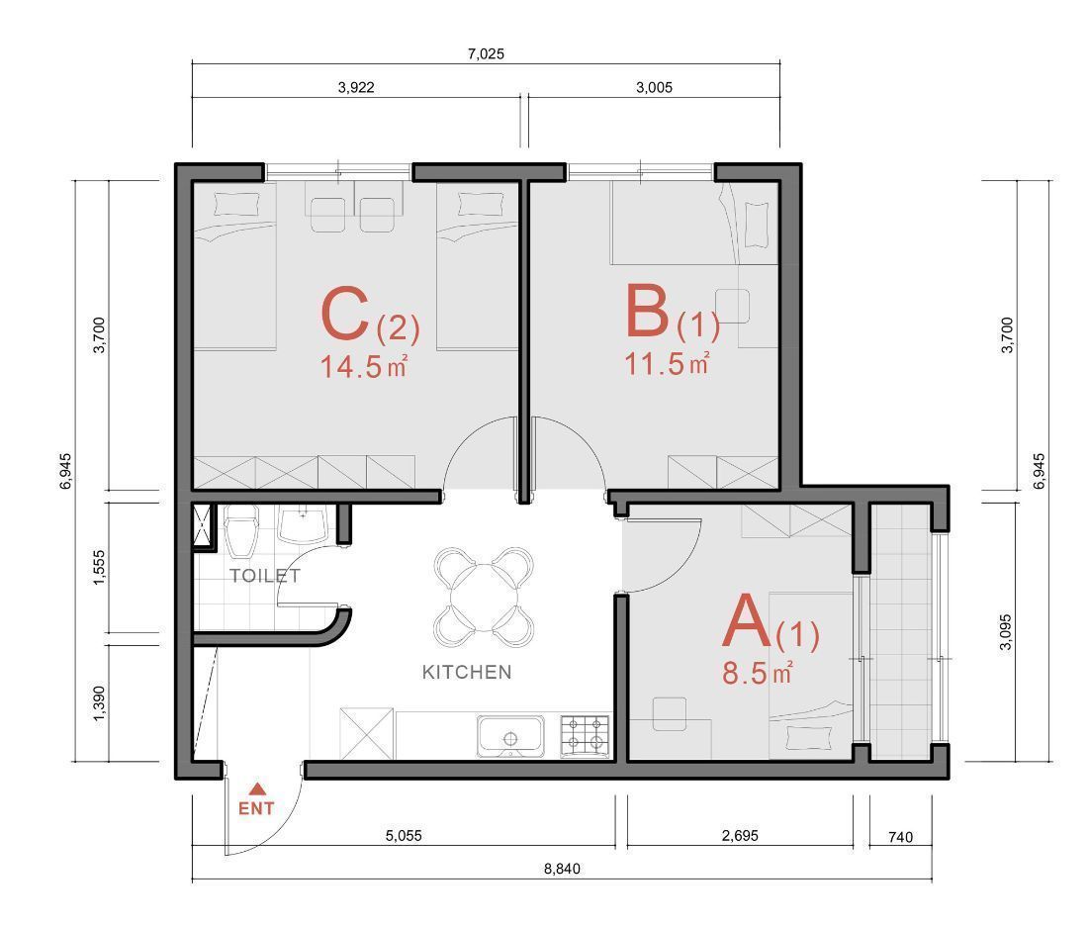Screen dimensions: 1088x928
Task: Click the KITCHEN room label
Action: click(x=467, y=672)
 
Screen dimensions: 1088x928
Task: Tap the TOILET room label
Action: click(x=265, y=576)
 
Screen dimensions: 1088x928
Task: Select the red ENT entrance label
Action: click(x=256, y=808)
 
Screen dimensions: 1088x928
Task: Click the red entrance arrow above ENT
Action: click(x=257, y=788)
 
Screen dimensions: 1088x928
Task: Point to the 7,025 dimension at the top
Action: click(x=486, y=53)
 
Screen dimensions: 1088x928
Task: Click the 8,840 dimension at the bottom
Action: click(x=562, y=869)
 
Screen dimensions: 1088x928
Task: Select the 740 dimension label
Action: click(x=901, y=837)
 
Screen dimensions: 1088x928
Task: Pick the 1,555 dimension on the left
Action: click(x=99, y=568)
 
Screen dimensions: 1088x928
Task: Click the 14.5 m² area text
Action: click(x=363, y=366)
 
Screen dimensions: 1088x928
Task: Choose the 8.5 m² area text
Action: click(x=757, y=673)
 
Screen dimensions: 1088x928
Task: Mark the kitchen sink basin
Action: click(x=510, y=737)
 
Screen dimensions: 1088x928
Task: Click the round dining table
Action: click(x=484, y=598)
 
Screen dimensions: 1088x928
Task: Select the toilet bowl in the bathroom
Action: click(x=240, y=531)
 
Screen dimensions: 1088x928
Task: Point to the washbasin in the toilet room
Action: click(x=303, y=524)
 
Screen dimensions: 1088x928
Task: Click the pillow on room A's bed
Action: click(x=810, y=738)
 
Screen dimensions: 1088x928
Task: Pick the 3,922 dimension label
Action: click(x=356, y=87)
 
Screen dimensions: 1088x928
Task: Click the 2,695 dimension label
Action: click(x=741, y=835)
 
